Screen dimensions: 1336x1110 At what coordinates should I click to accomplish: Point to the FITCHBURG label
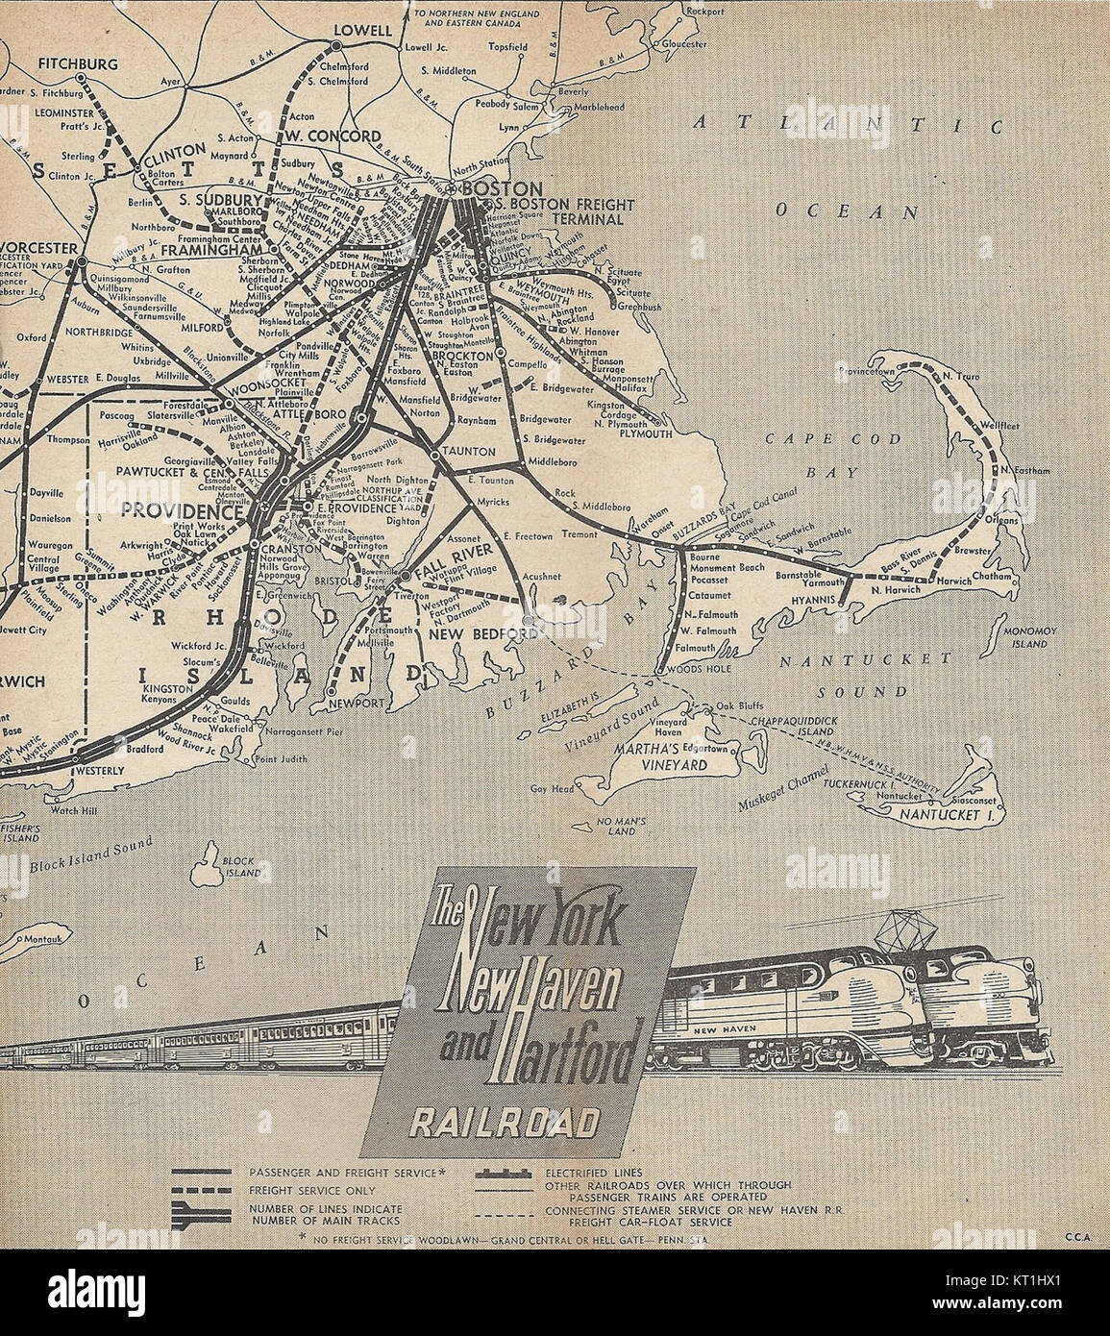tap(78, 64)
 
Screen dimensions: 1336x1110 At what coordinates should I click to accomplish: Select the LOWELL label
tap(362, 31)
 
